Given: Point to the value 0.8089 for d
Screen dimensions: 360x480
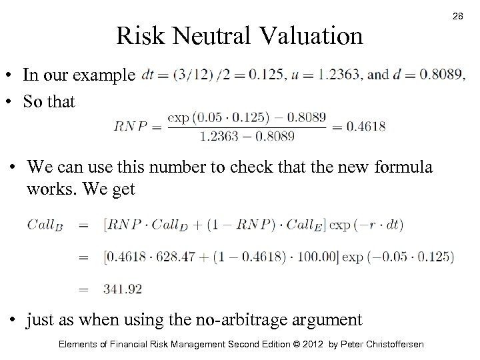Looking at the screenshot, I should pos(439,75).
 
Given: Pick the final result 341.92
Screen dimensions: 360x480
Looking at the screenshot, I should pos(123,288).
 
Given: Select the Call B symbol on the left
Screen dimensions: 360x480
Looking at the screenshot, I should pos(46,225).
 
